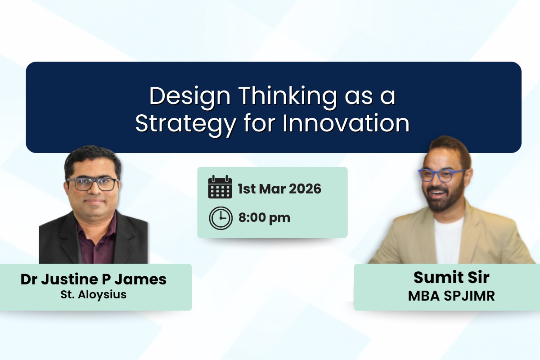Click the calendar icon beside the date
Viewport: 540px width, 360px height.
pyautogui.click(x=220, y=187)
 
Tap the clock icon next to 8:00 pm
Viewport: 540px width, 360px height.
pyautogui.click(x=220, y=218)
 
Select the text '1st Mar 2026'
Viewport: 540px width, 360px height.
pyautogui.click(x=279, y=189)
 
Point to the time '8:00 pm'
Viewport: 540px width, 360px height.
pyautogui.click(x=264, y=218)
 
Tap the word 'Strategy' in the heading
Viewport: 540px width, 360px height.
pyautogui.click(x=185, y=124)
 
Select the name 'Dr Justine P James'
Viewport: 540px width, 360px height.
pyautogui.click(x=94, y=279)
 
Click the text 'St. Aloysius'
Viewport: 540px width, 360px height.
pyautogui.click(x=94, y=295)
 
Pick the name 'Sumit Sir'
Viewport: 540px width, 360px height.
pyautogui.click(x=445, y=278)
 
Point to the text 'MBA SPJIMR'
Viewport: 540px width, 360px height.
pyautogui.click(x=445, y=296)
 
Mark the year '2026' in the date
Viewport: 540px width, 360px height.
pyautogui.click(x=305, y=189)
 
